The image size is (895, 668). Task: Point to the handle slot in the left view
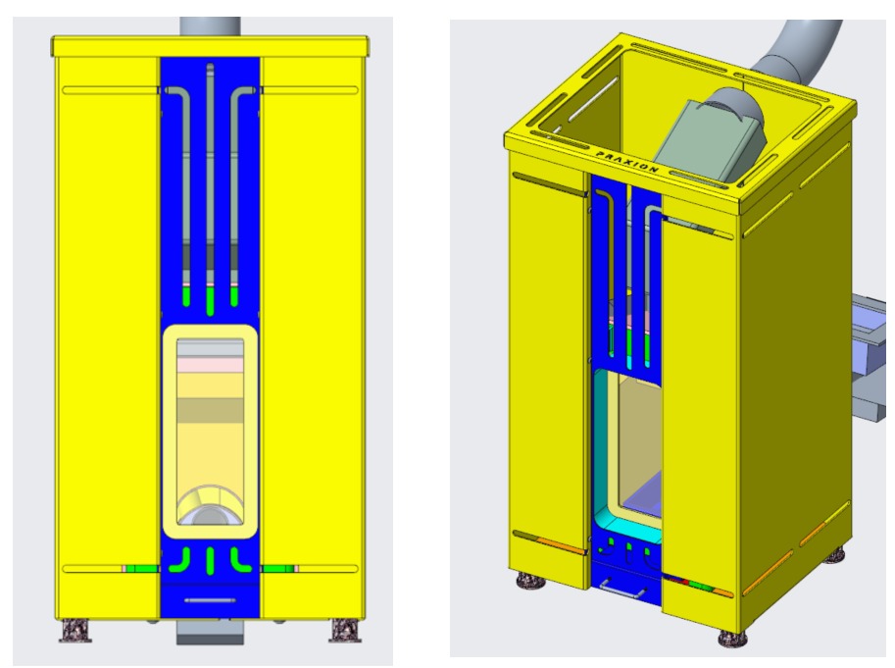coord(210,599)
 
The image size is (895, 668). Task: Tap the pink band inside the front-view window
coord(209,365)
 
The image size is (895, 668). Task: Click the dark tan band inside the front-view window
coord(209,409)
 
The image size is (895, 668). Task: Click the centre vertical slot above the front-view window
coord(210,186)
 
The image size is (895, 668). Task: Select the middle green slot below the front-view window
coord(210,559)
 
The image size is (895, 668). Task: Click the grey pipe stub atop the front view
coord(210,26)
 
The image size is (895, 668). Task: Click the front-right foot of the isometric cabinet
coord(732,638)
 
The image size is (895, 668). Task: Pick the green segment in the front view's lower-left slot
coord(142,568)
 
